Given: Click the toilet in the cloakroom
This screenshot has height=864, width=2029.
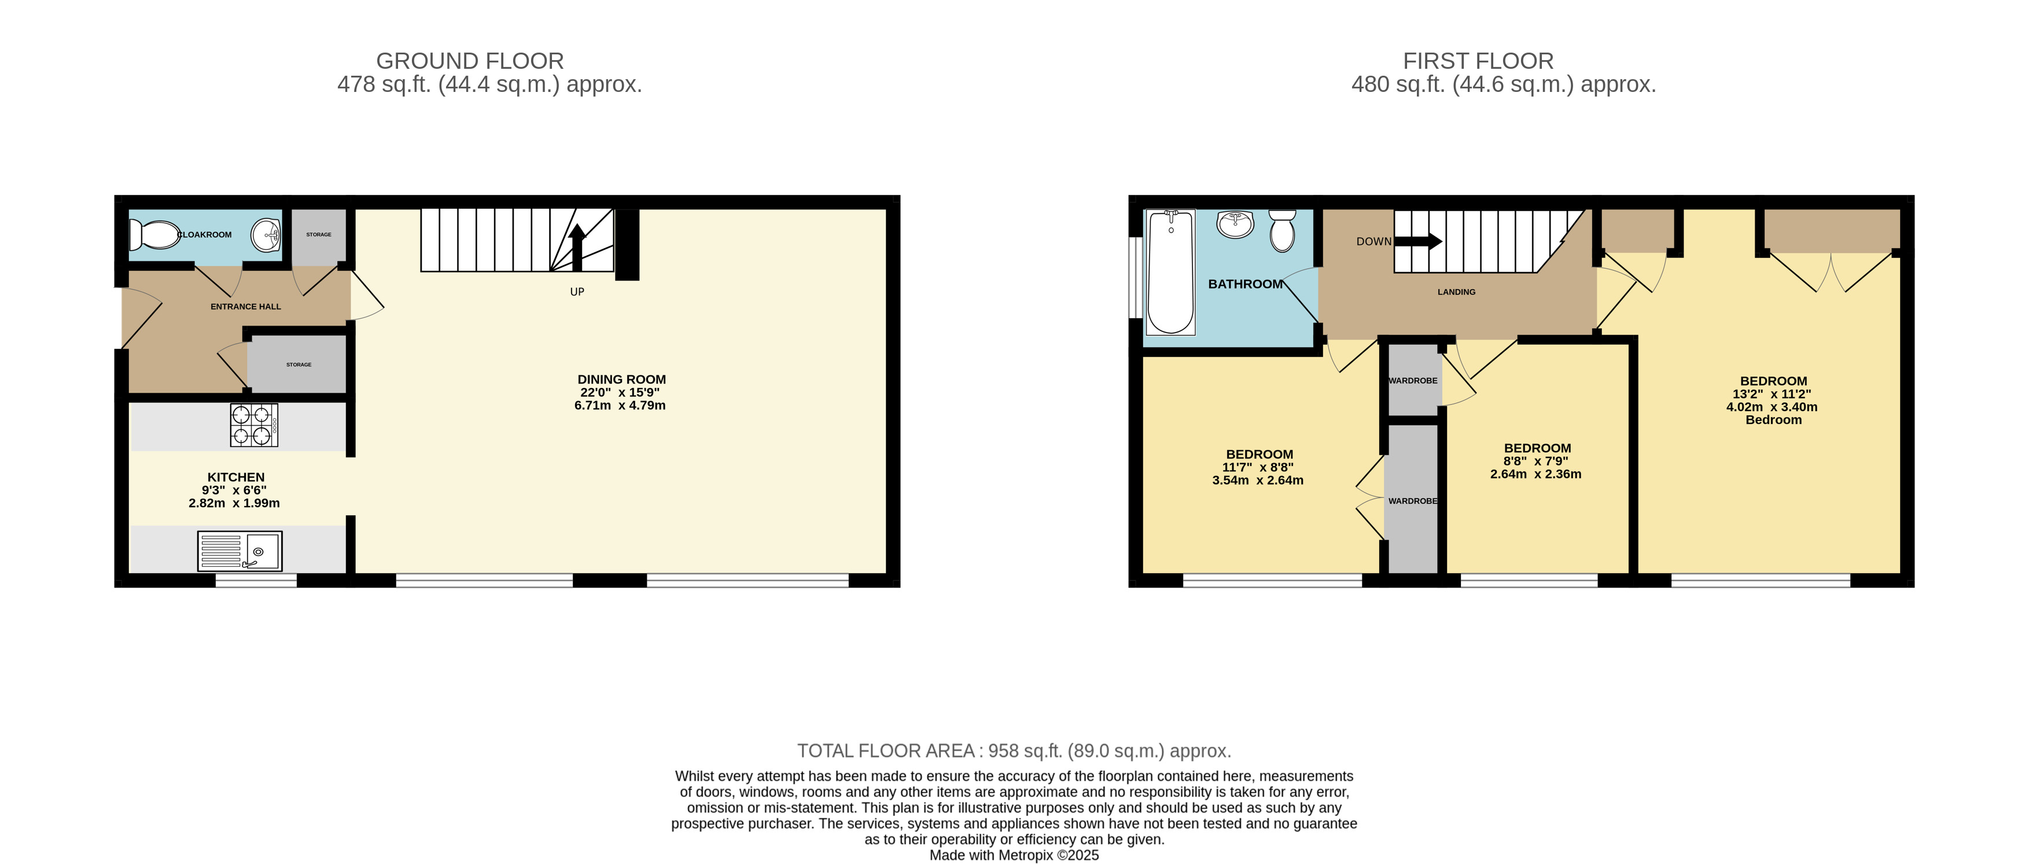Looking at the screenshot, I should point(155,235).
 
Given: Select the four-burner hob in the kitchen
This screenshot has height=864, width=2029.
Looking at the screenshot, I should point(253,425).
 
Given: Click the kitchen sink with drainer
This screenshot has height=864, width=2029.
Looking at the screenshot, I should point(240,551).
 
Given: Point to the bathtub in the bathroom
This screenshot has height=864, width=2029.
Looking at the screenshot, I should point(1170,272).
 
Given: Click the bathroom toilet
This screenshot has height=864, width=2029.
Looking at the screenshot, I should point(1282,230).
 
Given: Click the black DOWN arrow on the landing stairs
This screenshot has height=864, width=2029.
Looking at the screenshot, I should point(1418,241).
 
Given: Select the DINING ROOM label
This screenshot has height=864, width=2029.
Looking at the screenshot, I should point(621,379).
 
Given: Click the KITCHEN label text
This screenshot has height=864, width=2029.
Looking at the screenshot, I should point(235,477).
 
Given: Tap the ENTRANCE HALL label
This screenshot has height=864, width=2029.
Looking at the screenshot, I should point(246,307).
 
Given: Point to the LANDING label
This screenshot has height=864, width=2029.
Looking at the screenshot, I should point(1456,292).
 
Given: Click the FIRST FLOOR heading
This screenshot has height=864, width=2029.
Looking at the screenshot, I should point(1478,61).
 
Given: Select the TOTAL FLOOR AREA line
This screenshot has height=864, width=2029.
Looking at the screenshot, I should point(1014,751).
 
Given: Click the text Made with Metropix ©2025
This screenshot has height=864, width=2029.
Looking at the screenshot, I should point(1014,855).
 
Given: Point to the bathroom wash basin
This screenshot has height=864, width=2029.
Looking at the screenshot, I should point(1235,224).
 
